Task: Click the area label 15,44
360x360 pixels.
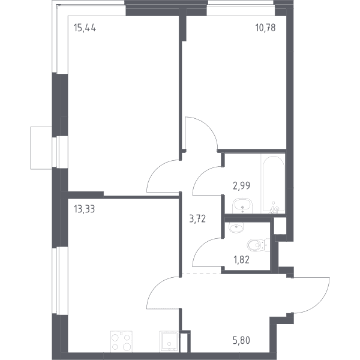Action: [x=85, y=28]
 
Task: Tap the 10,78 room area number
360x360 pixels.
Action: [x=265, y=28]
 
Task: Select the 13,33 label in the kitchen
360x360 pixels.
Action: [x=84, y=209]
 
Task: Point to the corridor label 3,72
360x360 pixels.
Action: [x=197, y=219]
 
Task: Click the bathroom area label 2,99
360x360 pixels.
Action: [x=241, y=185]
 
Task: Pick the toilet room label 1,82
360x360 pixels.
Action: [x=241, y=260]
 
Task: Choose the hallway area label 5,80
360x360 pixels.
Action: [x=241, y=340]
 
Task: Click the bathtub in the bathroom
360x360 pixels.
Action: [x=273, y=184]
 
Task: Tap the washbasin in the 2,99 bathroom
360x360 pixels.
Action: [x=242, y=206]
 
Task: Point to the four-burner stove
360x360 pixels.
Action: [x=121, y=341]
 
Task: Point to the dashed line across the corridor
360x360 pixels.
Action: [x=201, y=274]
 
